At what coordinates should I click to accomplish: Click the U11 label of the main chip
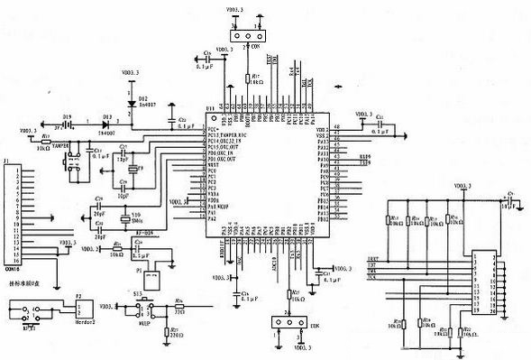point(210,107)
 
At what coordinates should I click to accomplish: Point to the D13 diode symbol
point(108,124)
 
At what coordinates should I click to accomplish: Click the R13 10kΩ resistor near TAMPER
point(47,142)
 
